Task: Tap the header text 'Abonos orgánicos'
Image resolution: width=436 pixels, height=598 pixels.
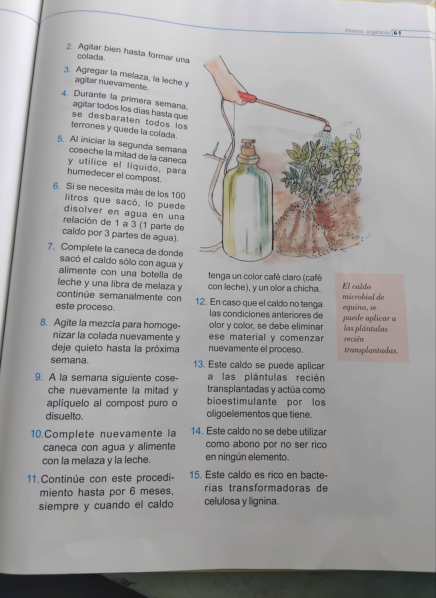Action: tap(367, 31)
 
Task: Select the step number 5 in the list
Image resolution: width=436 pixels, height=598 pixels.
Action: tap(60, 139)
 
